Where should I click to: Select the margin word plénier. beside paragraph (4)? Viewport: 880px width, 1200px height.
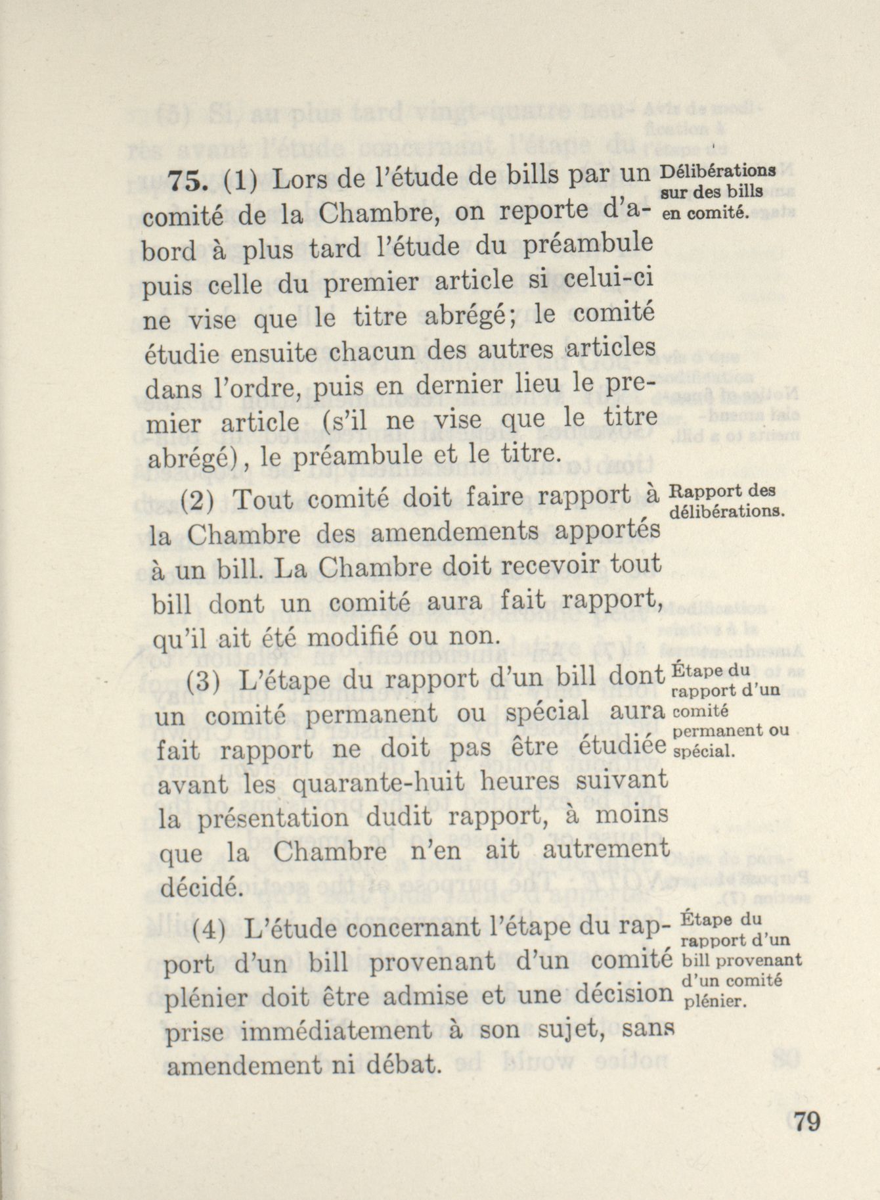click(714, 1002)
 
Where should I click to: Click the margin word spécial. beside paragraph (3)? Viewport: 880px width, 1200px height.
click(703, 754)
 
